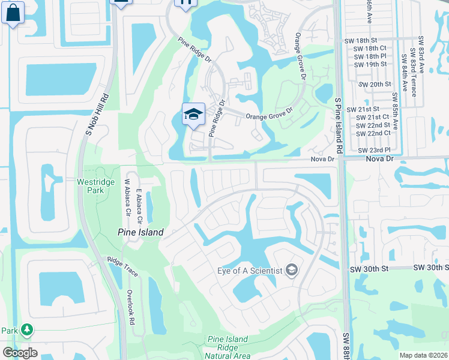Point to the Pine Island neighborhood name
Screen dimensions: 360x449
click(x=140, y=232)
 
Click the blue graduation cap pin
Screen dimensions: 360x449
click(x=193, y=114)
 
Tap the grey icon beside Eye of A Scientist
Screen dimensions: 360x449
click(x=292, y=271)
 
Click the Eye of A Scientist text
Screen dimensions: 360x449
click(x=249, y=271)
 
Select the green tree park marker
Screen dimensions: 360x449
click(x=26, y=329)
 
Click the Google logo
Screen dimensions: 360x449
click(x=20, y=353)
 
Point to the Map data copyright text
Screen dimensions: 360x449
click(x=423, y=355)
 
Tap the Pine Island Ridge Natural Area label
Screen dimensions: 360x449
click(x=228, y=347)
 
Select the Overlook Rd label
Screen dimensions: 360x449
click(x=131, y=306)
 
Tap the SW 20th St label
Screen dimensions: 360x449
click(x=372, y=85)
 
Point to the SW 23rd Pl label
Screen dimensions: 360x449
click(x=374, y=150)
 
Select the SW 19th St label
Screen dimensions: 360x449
click(x=370, y=64)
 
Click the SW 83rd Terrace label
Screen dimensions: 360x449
click(x=413, y=71)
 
